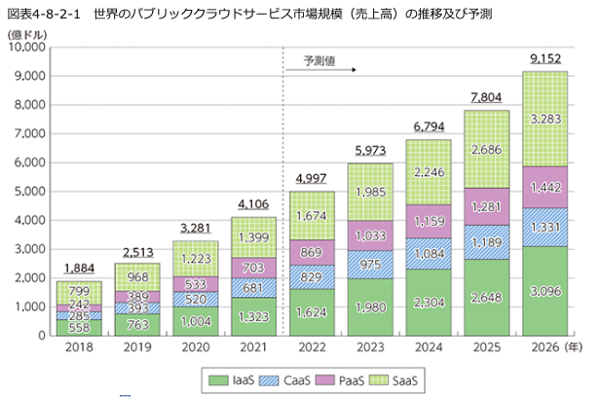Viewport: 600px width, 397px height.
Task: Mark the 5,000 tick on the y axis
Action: pyautogui.click(x=36, y=191)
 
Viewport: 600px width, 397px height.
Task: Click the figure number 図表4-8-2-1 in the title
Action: pyautogui.click(x=44, y=12)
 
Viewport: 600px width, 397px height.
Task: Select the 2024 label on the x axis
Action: pyautogui.click(x=428, y=347)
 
